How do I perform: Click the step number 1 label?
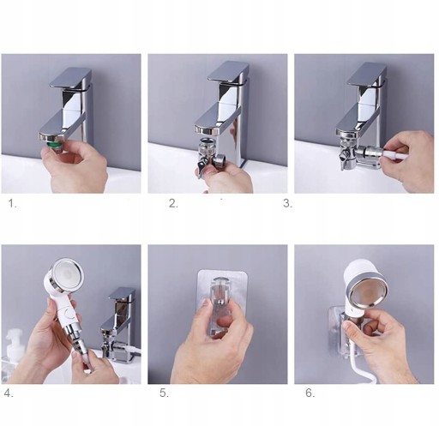point(12,203)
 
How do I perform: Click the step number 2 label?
point(173,203)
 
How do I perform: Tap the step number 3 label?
point(287,203)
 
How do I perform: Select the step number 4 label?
point(9,393)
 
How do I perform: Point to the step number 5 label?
point(164,393)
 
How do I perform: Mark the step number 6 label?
point(310,393)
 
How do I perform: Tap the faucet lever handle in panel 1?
point(70,78)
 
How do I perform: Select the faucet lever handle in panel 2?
point(228,73)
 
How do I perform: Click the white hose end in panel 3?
point(393,153)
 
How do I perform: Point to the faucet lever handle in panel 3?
point(366,75)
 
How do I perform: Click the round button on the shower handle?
point(69,313)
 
